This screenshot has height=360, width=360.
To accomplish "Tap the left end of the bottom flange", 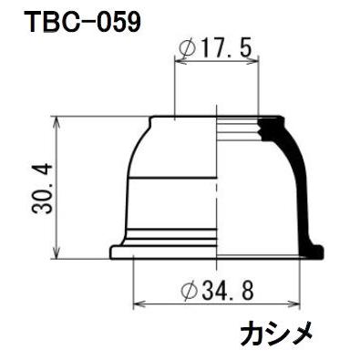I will pyautogui.click(x=111, y=252).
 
